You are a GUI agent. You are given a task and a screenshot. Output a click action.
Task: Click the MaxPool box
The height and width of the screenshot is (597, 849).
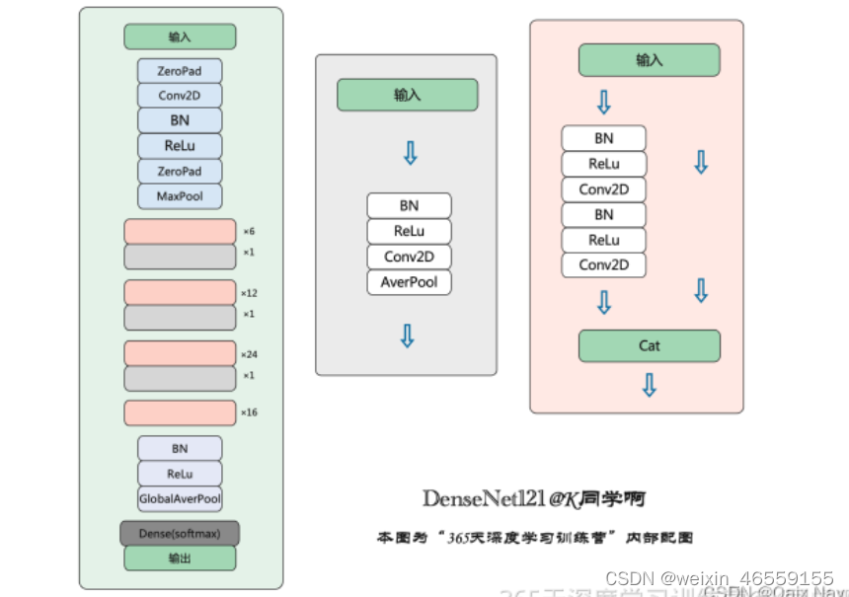(x=180, y=196)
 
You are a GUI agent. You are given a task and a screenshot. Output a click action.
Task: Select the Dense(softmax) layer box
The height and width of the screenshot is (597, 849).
(x=180, y=533)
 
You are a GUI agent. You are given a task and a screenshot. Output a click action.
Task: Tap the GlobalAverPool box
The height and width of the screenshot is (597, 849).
(x=180, y=499)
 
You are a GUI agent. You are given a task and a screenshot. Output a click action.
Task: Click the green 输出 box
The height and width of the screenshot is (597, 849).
(x=180, y=559)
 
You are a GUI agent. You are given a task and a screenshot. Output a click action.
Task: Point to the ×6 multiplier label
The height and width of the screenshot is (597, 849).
(x=249, y=232)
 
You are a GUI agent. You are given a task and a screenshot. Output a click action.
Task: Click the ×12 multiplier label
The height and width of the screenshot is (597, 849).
(x=249, y=293)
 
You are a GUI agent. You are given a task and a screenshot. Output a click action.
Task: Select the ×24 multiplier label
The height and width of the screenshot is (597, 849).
(x=249, y=354)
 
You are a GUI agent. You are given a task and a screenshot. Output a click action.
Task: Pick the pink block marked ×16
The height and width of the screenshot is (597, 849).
(x=180, y=412)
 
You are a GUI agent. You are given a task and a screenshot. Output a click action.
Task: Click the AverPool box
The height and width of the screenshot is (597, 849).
(x=409, y=282)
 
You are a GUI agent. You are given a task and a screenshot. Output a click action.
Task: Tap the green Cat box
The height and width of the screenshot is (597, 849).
(x=649, y=345)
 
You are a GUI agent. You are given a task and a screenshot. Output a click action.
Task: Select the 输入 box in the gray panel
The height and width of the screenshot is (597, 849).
(x=407, y=96)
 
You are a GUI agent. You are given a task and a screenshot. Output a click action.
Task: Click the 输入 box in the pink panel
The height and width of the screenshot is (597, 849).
(x=649, y=60)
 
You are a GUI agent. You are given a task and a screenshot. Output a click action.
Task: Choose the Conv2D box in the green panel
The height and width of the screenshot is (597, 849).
(x=180, y=96)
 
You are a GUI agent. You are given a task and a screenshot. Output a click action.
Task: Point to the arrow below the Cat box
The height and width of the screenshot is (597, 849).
(x=649, y=385)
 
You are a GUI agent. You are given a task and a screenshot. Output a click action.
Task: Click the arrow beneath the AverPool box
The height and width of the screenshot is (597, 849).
(x=407, y=336)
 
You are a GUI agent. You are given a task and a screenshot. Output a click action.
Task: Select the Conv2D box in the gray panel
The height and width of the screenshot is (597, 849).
(x=409, y=257)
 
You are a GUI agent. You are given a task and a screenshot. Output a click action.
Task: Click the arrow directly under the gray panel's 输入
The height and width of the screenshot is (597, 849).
(x=410, y=152)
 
